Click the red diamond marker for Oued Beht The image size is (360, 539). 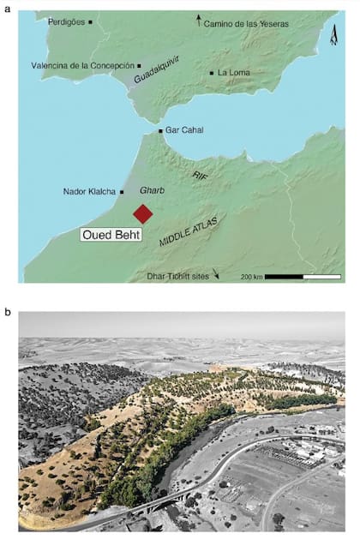pos(142,213)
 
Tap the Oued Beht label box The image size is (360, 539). pos(111,234)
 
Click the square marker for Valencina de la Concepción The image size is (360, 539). pos(139,65)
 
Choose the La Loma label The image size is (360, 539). pos(233,73)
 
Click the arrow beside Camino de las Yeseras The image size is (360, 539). pos(200,19)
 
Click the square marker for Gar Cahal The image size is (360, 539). pos(160,131)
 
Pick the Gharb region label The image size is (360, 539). pos(151,193)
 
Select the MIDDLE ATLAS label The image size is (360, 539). pos(189,232)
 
